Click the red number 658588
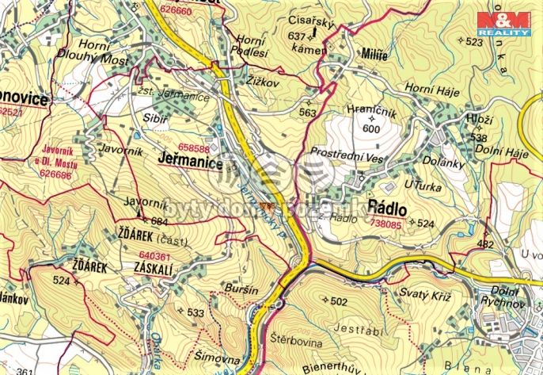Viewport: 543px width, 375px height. [x=194, y=148]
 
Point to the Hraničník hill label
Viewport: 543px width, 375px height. [x=370, y=113]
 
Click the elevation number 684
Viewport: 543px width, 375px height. [x=159, y=221]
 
